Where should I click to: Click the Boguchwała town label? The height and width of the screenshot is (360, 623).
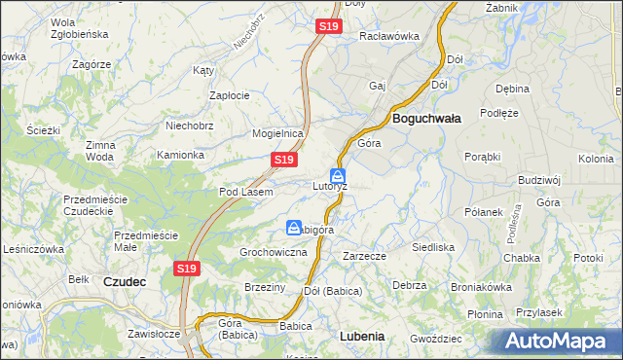[426, 117]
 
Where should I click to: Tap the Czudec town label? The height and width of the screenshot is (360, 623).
[125, 281]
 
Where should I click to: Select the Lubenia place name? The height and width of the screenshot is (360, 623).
[362, 336]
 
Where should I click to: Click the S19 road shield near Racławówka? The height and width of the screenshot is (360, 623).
[328, 27]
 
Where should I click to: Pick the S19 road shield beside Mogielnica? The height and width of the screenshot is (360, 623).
[283, 159]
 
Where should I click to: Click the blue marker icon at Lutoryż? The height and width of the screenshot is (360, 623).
[338, 177]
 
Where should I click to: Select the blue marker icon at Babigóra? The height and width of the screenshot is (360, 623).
[293, 228]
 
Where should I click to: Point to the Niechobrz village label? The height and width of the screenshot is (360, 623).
[190, 126]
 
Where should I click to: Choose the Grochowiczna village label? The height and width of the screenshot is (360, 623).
[274, 252]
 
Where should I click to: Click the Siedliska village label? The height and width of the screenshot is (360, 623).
[433, 247]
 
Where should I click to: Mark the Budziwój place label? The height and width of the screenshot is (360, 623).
[540, 180]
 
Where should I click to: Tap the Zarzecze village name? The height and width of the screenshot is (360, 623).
[365, 256]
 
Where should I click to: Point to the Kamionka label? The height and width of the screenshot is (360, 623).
[180, 155]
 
